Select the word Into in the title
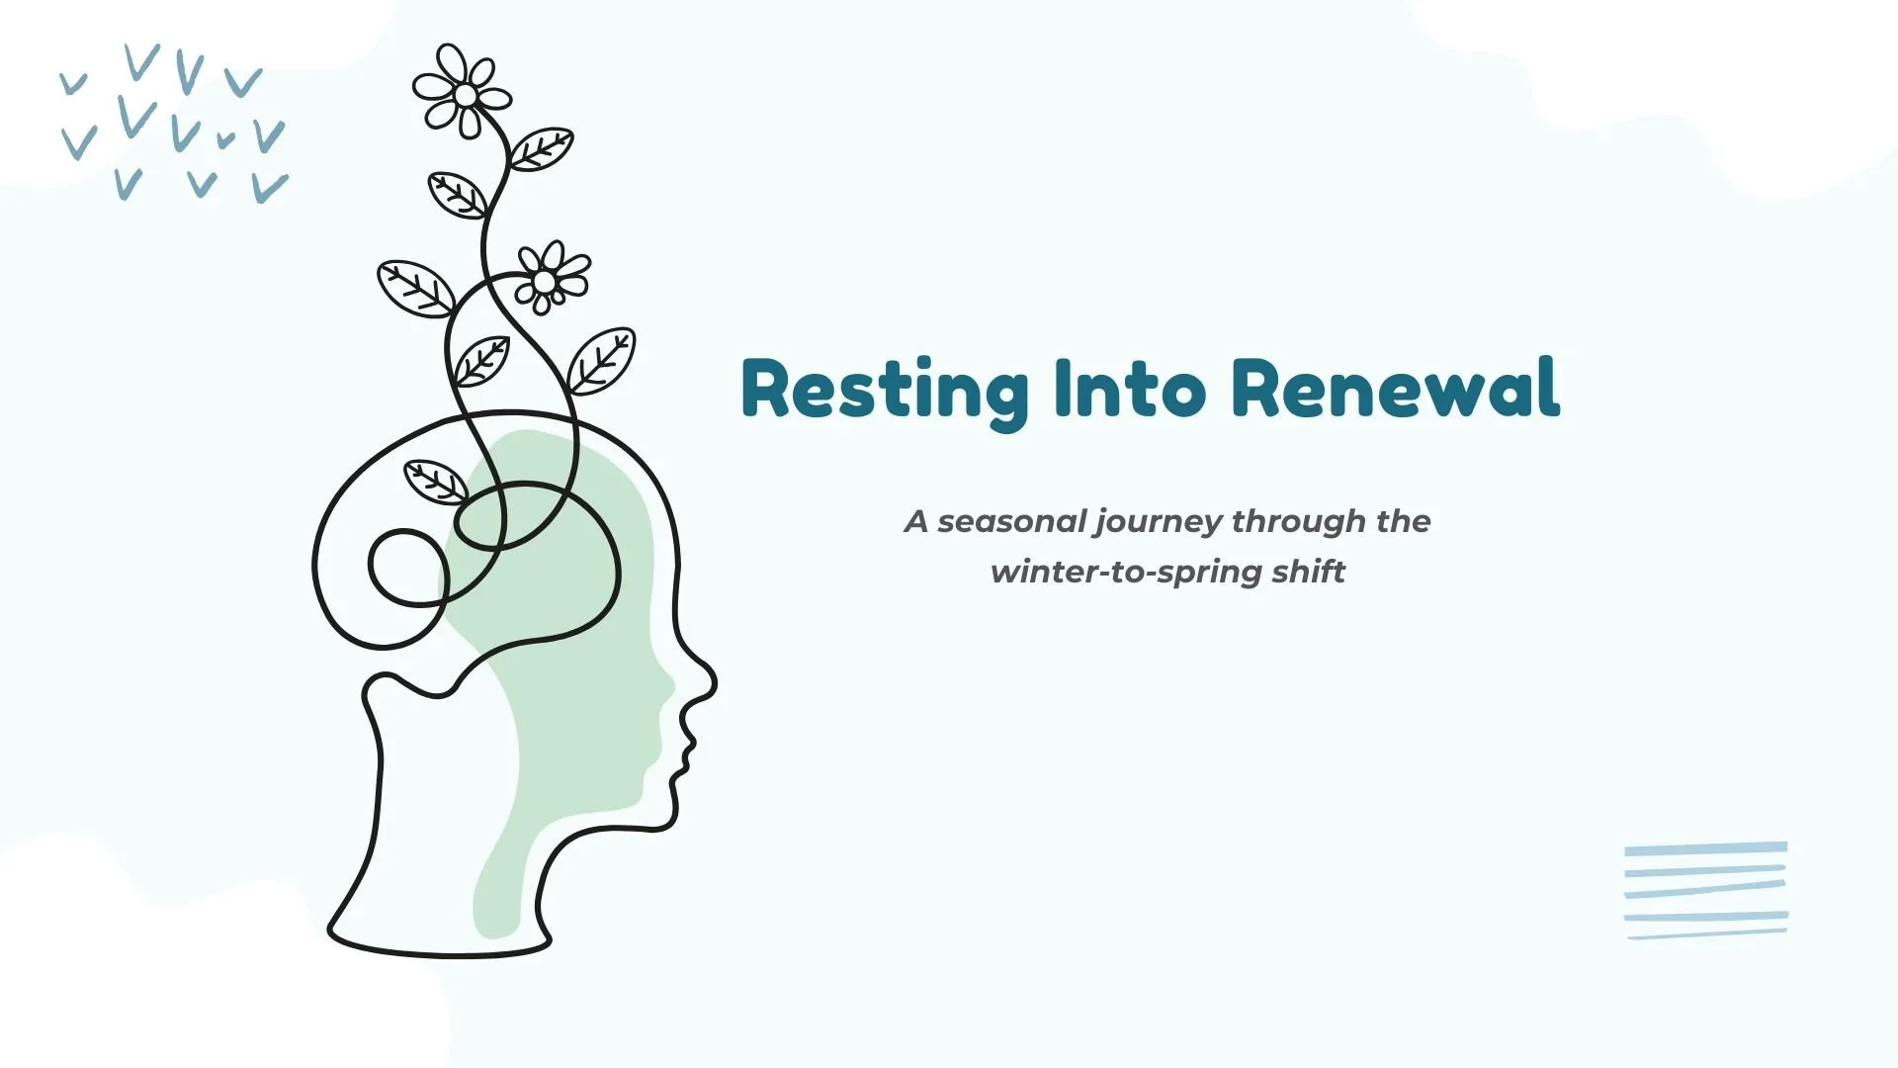coord(1130,388)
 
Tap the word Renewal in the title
coord(1397,388)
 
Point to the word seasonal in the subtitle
coord(1011,521)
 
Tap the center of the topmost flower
coord(466,95)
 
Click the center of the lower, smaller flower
coord(544,282)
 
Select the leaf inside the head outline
coord(435,482)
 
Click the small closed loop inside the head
coord(408,567)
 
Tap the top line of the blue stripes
coord(1705,848)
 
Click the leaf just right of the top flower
coord(540,149)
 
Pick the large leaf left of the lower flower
coord(416,288)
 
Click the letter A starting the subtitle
coord(916,521)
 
